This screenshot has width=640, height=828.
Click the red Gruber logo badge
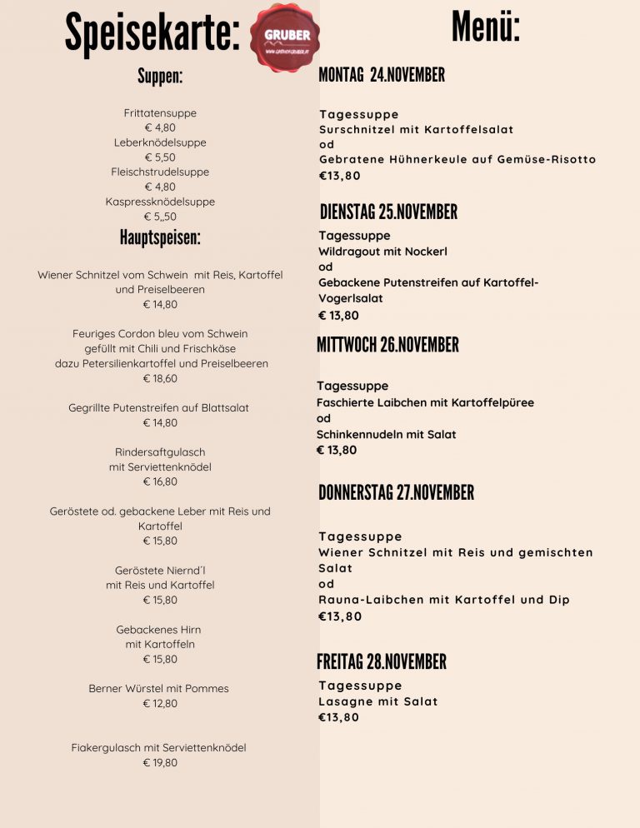coord(286,37)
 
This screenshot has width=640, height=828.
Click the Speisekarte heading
coord(152,33)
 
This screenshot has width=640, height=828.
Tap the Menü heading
coord(486,26)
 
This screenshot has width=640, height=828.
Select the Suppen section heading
coord(160,77)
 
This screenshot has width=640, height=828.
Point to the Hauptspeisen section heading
coord(160,237)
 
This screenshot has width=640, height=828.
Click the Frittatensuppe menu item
coord(160,112)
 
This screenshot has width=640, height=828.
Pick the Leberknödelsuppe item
coord(160,142)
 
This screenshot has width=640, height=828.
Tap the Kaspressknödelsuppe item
coord(160,202)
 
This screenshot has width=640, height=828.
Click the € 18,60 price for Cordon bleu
coord(160,378)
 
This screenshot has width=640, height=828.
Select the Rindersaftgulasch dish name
coord(160,452)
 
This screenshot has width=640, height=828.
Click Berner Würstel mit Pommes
coord(158,689)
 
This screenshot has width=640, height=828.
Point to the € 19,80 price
coord(160,762)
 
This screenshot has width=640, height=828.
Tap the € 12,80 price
coord(160,703)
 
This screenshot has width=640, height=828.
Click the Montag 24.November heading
coord(382,75)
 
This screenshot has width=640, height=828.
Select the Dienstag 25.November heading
coord(388,212)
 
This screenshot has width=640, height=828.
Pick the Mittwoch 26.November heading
coord(387,345)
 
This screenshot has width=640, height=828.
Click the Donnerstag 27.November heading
coord(396,492)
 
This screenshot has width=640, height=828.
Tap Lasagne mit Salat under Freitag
coord(377,701)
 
